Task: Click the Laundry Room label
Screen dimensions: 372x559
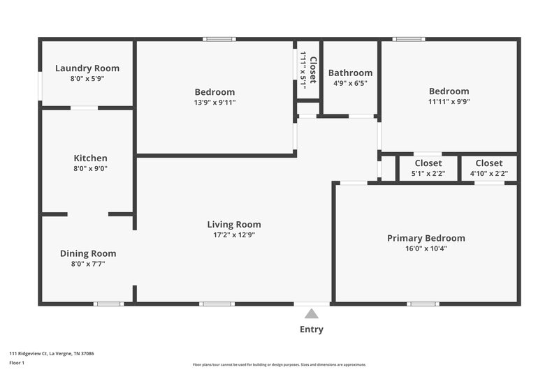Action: (87, 68)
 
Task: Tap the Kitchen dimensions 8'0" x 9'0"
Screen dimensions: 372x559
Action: (91, 168)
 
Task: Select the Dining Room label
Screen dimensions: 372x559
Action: (88, 253)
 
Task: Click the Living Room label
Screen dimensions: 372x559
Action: (233, 224)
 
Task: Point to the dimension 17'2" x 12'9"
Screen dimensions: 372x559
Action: (233, 235)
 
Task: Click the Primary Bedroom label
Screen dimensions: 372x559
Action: (426, 238)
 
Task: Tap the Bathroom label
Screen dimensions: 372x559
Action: (350, 73)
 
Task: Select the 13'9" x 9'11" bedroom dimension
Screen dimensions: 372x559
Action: (215, 103)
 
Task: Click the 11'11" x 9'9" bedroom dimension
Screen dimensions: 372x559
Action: (449, 101)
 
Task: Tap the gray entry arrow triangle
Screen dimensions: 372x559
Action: (311, 314)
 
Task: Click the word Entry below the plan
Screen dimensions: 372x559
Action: (311, 329)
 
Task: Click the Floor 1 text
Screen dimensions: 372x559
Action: (16, 363)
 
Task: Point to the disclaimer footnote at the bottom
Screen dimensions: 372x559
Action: (279, 364)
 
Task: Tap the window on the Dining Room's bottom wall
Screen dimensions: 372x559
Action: (108, 304)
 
